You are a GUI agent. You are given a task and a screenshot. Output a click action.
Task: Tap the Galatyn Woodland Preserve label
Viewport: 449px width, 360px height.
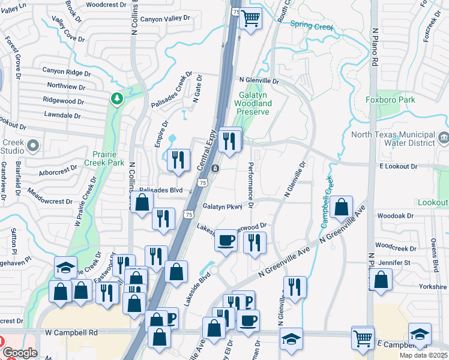[x=255, y=103]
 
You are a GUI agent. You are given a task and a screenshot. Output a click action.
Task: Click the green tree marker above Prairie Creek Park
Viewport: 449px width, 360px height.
[x=117, y=98]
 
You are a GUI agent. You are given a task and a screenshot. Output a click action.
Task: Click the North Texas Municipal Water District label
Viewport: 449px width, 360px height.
[x=393, y=139]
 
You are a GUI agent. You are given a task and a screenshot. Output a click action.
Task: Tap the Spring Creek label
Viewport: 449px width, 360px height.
[x=311, y=25]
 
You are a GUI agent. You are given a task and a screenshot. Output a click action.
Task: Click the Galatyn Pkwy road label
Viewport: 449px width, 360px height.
[x=222, y=206]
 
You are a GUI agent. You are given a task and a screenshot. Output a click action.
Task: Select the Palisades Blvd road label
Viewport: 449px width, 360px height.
[x=160, y=190]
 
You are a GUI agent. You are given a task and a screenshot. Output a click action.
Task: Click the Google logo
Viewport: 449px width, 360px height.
[x=19, y=353]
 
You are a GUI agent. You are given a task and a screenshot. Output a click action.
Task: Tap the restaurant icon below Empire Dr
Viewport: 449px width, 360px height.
[x=178, y=160]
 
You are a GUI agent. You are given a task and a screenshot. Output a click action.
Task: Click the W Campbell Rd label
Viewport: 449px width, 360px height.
[x=71, y=332]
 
